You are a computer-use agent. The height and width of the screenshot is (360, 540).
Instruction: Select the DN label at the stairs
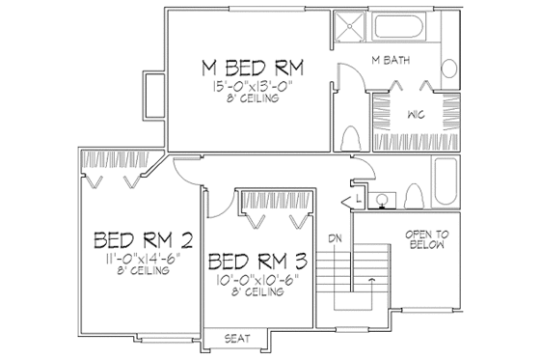click(x=334, y=236)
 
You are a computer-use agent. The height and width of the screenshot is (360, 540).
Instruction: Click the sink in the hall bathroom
click(x=383, y=201)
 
